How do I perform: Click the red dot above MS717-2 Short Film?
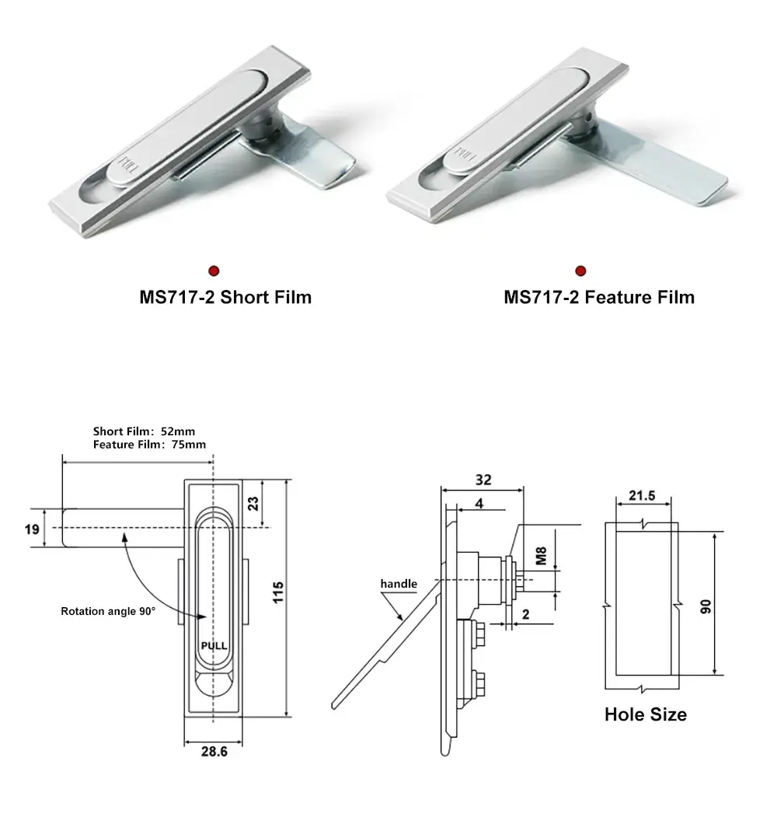(214, 271)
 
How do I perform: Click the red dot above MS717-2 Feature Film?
(580, 271)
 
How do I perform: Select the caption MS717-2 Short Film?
(225, 297)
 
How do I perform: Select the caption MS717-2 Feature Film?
(599, 297)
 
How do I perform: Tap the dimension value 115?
(279, 596)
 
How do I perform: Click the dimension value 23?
(253, 502)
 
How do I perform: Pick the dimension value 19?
(32, 529)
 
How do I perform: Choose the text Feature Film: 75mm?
(149, 445)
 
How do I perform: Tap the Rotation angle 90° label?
(108, 611)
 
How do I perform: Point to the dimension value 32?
(483, 480)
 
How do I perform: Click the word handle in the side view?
(399, 584)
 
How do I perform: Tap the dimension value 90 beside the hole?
(706, 606)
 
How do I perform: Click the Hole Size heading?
(645, 714)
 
